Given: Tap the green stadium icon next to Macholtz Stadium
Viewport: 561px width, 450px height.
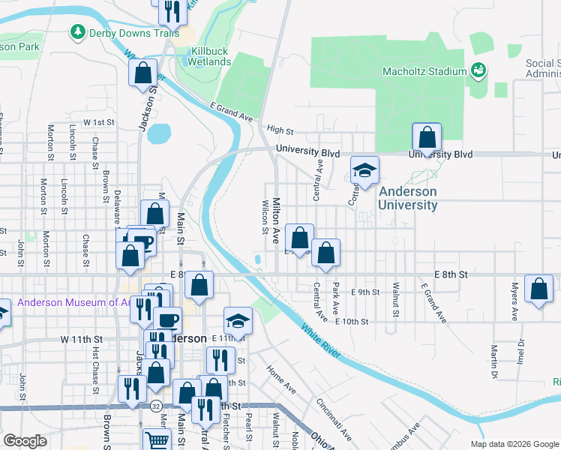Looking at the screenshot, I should pos(478,70).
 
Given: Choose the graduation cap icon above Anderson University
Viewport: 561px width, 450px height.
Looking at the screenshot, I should pos(364,172).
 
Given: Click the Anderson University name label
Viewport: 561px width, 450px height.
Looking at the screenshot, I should pos(407,199).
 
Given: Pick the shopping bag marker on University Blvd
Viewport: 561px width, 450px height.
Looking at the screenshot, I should pos(426,138).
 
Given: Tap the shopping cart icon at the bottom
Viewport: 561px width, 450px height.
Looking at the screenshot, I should pos(157,441).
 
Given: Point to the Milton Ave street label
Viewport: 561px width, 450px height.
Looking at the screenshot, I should pos(276,220).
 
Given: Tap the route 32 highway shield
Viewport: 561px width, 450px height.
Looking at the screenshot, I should pos(154,406).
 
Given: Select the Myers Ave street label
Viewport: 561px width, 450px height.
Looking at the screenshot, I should pos(515,300).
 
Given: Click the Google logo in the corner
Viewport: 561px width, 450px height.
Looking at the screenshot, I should pos(26,441).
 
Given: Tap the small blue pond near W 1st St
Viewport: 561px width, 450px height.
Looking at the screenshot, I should pos(159,133).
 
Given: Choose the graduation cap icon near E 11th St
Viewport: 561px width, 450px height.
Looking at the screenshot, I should pos(238,321).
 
